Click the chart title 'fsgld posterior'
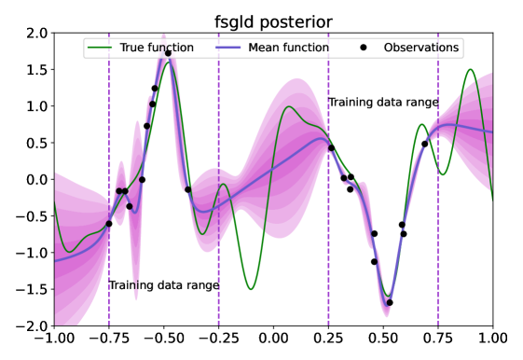click(273, 22)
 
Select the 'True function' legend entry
click(141, 48)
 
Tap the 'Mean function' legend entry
click(272, 48)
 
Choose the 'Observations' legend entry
click(409, 48)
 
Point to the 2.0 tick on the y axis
click(38, 34)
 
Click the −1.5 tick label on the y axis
click(33, 289)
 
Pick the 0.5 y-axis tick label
click(38, 143)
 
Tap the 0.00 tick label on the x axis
click(273, 339)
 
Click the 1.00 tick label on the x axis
click(492, 339)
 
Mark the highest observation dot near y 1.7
click(168, 53)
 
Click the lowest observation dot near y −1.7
click(390, 302)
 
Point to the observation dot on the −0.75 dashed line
click(109, 224)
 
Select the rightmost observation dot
click(424, 145)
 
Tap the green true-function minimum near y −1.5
click(251, 289)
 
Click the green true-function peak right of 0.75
click(470, 69)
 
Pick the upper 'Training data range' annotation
click(383, 102)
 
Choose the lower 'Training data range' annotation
click(164, 285)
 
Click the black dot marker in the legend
click(364, 48)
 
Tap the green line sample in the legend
click(100, 48)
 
